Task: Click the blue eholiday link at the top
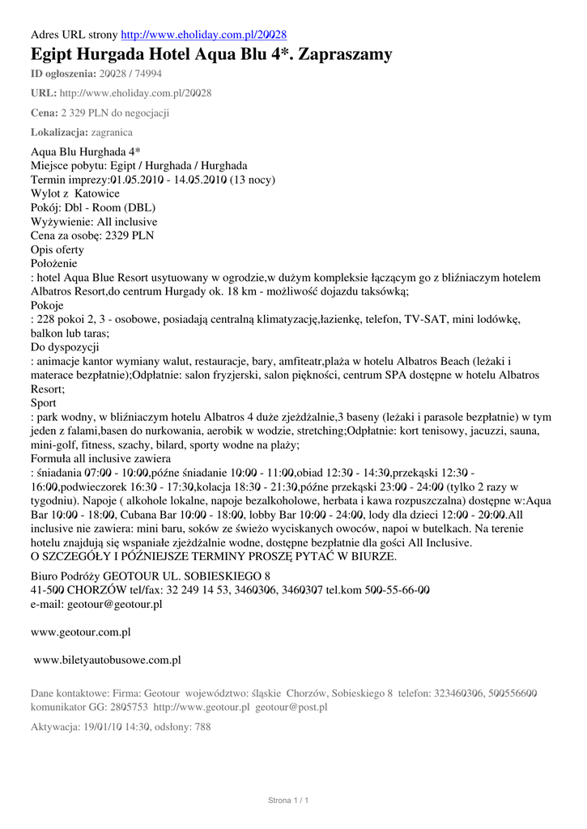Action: (x=203, y=35)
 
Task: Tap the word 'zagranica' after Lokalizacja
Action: (x=112, y=132)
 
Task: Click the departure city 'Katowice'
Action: (x=97, y=193)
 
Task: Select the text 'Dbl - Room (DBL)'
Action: (x=110, y=207)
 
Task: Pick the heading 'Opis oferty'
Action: (x=57, y=249)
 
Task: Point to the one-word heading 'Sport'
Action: (x=44, y=402)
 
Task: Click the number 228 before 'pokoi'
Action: (x=45, y=319)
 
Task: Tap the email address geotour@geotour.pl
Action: (x=115, y=603)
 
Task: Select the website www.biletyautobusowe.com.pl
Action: (x=107, y=660)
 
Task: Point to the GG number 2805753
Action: (x=130, y=707)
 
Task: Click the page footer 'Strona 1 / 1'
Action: (x=289, y=801)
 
